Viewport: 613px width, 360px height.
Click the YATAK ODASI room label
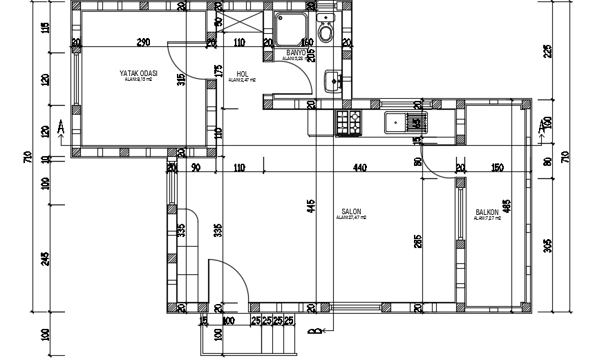139,73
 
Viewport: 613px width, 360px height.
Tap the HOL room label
242,74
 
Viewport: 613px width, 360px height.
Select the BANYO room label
296,53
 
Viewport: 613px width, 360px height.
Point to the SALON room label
351,212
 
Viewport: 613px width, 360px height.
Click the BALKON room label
487,212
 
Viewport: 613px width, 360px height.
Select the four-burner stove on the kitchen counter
349,122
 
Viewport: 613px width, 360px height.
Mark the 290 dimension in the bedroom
143,42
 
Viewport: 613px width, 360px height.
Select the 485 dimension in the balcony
526,205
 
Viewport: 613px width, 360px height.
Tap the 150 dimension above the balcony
496,167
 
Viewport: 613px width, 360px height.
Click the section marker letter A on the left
61,128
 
